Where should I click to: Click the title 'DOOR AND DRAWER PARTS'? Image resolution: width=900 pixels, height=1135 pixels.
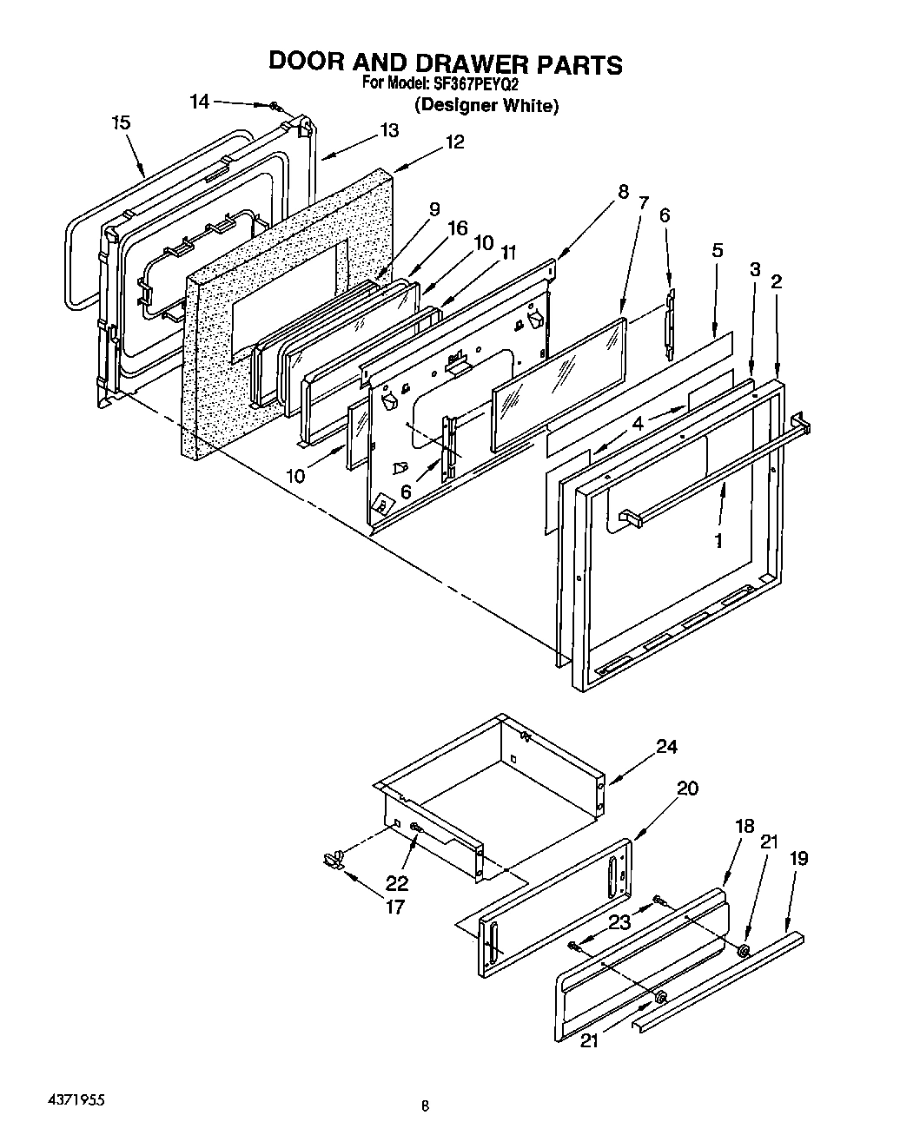(x=445, y=63)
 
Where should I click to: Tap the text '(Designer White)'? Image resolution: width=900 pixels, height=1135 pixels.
(x=486, y=106)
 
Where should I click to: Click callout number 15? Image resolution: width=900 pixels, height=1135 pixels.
(x=122, y=123)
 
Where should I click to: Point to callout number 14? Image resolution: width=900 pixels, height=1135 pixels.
(x=200, y=102)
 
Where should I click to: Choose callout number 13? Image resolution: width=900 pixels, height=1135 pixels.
(x=388, y=130)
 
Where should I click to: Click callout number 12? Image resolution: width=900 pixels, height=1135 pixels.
(x=454, y=142)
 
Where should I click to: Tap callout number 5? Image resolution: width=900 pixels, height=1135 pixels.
(x=717, y=251)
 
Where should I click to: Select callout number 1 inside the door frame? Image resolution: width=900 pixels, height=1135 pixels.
(x=718, y=541)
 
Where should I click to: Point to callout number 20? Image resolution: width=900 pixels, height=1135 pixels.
(x=687, y=788)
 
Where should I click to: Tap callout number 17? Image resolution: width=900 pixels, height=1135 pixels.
(x=395, y=907)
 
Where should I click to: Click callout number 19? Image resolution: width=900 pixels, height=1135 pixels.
(x=798, y=859)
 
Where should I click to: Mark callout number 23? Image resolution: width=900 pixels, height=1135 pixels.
(x=619, y=923)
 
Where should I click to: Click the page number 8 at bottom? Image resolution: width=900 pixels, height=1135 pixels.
(x=425, y=1106)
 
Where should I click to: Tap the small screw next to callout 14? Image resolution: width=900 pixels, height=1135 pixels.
(x=275, y=106)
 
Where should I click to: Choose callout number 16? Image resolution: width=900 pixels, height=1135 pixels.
(x=457, y=228)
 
